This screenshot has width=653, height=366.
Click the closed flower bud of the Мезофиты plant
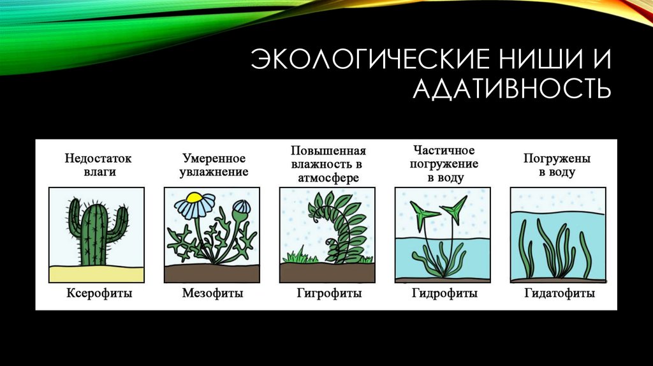(x=240, y=209)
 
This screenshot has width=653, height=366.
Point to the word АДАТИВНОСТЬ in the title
(x=511, y=90)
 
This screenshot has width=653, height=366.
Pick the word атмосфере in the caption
(x=328, y=178)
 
